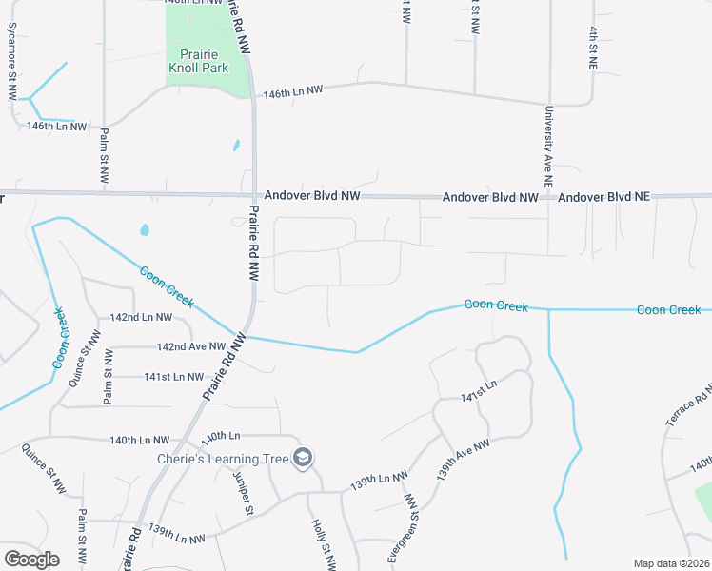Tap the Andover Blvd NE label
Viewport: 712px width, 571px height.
(603, 197)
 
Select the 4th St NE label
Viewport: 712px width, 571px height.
(592, 48)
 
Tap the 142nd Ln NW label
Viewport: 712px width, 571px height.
(141, 317)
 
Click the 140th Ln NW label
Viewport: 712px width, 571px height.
(139, 441)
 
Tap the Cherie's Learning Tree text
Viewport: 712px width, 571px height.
(223, 460)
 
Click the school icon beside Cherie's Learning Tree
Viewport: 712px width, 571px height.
(304, 459)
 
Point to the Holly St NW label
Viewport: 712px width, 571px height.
(323, 544)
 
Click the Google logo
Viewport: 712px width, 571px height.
(31, 560)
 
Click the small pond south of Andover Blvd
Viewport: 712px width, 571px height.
(144, 229)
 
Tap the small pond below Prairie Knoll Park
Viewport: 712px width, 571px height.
(235, 147)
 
